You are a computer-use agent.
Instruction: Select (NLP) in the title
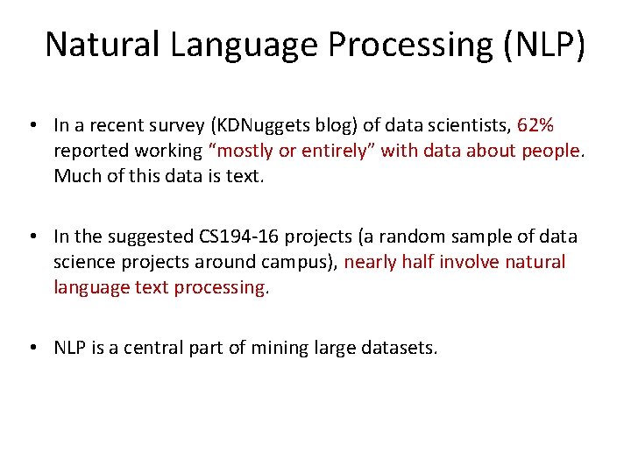coord(544,44)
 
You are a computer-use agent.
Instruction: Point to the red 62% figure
coord(535,126)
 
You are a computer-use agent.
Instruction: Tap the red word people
coord(549,151)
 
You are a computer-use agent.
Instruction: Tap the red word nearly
coord(372,262)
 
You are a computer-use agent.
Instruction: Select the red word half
coord(419,262)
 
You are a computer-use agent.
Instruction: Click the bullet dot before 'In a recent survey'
coord(32,126)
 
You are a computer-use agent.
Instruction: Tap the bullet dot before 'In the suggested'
coord(32,237)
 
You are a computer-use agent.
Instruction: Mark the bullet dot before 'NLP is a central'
coord(32,348)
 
